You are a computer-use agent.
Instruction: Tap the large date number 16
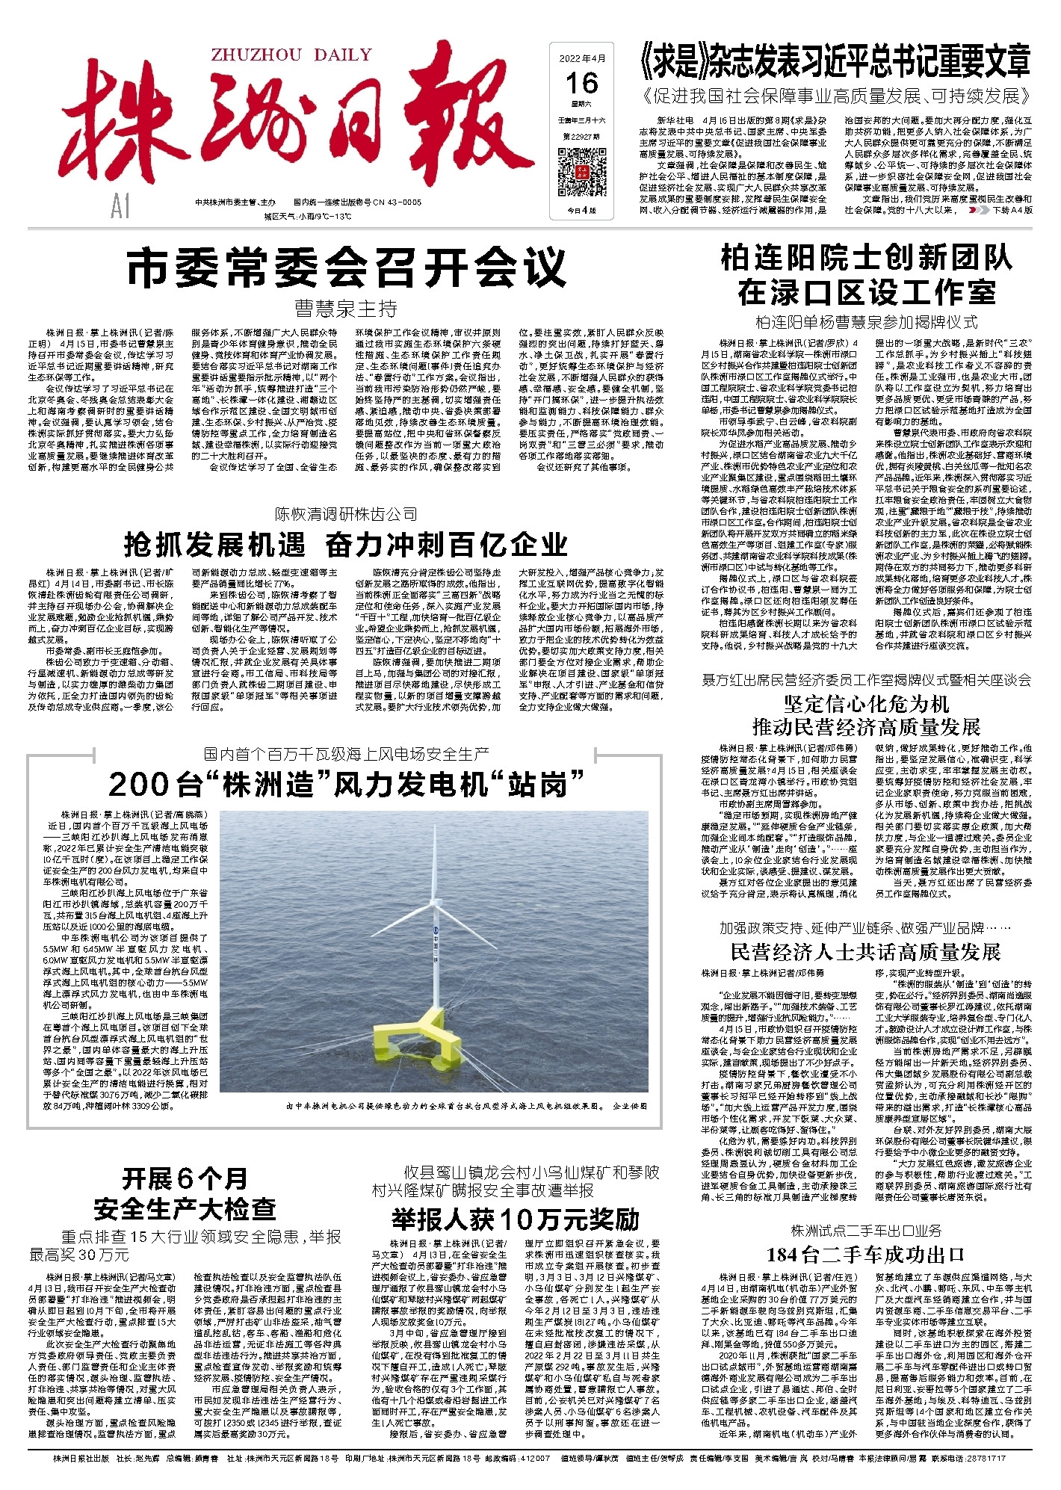coord(581,83)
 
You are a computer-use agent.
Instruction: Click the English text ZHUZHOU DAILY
coord(291,55)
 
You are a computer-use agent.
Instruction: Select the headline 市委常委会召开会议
coord(346,268)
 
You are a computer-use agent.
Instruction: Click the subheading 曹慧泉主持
coord(346,309)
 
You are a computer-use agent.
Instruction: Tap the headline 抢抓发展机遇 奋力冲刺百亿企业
coord(346,545)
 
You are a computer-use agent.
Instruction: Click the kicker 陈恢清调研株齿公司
coord(346,514)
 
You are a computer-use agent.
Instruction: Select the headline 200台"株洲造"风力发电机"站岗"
coord(346,785)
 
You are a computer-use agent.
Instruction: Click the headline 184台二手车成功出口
coord(865,1254)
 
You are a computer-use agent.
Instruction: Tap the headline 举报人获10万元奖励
coord(516,1219)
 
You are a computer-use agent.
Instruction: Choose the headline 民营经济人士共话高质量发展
coord(865,952)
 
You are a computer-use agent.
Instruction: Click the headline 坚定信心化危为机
coord(865,704)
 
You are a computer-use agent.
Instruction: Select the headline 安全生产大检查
coord(185,1208)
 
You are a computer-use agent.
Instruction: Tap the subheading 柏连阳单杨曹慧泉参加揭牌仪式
coord(865,322)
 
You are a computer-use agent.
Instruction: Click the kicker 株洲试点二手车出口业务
coord(865,1230)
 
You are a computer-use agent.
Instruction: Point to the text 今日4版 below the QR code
coord(581,210)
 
